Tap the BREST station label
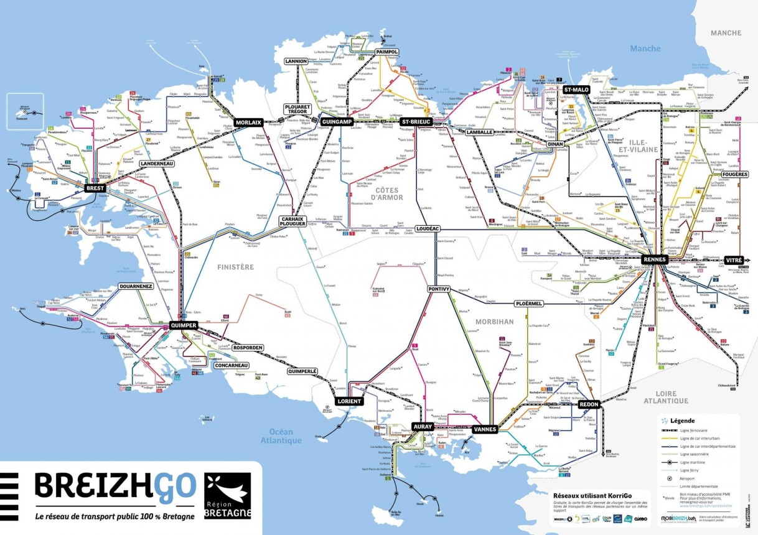coord(95,187)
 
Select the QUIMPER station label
coord(184,325)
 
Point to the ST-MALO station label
coord(576,90)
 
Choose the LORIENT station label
coord(349,401)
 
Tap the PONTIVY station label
coord(442,289)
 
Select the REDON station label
coord(589,404)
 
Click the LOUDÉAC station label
coord(428,229)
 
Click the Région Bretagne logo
coord(227,496)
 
